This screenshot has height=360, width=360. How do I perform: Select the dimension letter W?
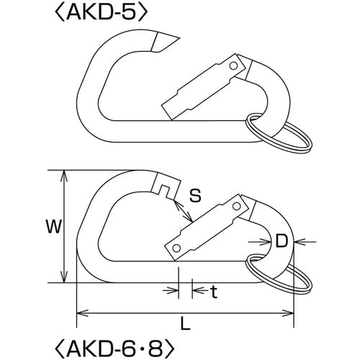click(x=54, y=226)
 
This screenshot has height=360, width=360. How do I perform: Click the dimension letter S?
click(x=194, y=195)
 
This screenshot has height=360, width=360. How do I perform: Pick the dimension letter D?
click(x=282, y=241)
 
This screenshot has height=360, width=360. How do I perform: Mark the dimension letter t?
click(x=214, y=292)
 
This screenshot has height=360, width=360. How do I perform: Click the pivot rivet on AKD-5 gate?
click(x=233, y=66)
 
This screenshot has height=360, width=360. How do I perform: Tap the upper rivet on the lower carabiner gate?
click(x=237, y=206)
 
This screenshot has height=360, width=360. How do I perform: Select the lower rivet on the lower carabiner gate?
click(x=176, y=248)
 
